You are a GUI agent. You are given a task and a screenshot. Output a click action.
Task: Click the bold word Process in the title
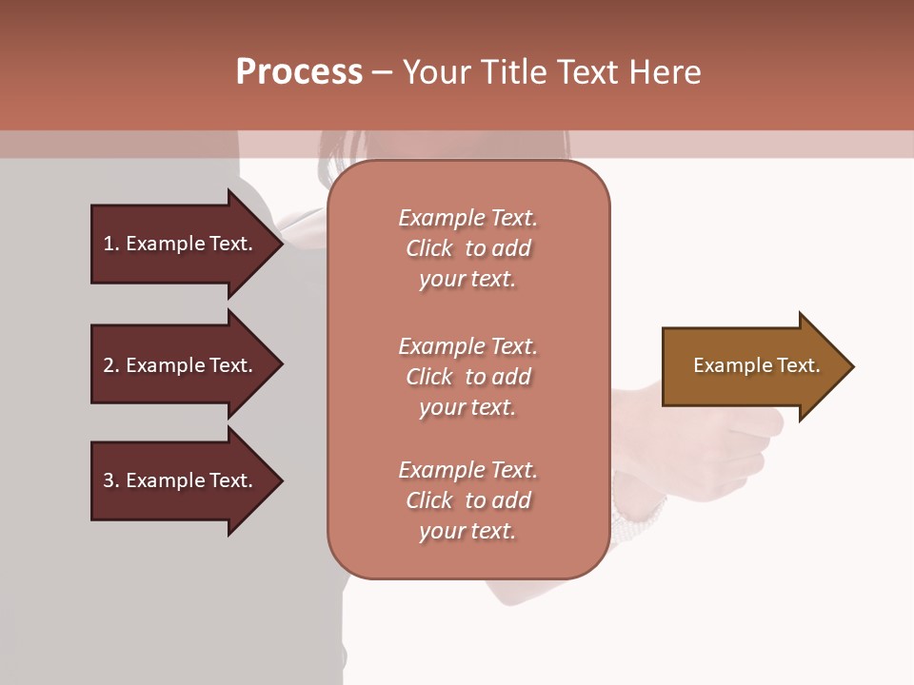pyautogui.click(x=299, y=72)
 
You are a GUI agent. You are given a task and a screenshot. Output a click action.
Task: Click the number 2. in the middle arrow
pyautogui.click(x=110, y=365)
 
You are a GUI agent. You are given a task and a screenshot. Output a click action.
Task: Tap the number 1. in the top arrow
pyautogui.click(x=110, y=244)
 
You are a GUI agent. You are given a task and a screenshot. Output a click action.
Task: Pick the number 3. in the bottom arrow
pyautogui.click(x=110, y=480)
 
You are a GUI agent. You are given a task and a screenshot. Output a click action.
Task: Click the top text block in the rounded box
pyautogui.click(x=467, y=248)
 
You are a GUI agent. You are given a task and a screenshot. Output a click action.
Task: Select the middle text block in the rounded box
pyautogui.click(x=467, y=377)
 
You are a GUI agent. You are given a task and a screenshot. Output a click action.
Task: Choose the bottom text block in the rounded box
pyautogui.click(x=467, y=500)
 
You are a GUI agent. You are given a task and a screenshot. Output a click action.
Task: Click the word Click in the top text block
pyautogui.click(x=429, y=248)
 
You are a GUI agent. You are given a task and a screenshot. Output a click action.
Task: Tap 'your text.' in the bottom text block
pyautogui.click(x=467, y=531)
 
